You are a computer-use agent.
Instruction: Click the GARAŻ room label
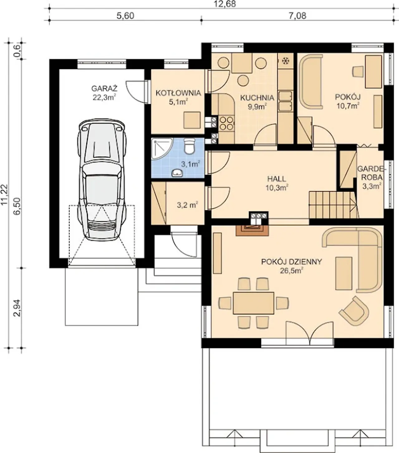(x=104, y=89)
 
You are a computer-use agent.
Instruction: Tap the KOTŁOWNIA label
(x=178, y=93)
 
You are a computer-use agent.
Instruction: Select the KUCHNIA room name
(x=257, y=98)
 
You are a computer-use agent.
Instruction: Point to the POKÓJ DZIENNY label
(x=291, y=262)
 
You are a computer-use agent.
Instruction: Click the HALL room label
(x=277, y=179)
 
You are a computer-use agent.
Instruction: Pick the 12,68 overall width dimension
(x=224, y=4)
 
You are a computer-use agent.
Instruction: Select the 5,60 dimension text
(x=126, y=16)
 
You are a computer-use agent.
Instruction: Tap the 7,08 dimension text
(x=297, y=16)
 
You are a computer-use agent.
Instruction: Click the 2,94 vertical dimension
(x=17, y=308)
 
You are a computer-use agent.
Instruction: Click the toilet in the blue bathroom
(x=190, y=146)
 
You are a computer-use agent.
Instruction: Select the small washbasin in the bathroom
(x=177, y=173)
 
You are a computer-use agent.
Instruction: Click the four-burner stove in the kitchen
(x=227, y=124)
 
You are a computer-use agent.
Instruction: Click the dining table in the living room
(x=253, y=303)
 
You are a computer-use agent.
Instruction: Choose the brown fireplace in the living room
(x=252, y=230)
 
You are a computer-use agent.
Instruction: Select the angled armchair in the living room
(x=354, y=311)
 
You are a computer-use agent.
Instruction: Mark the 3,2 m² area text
(x=187, y=205)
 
